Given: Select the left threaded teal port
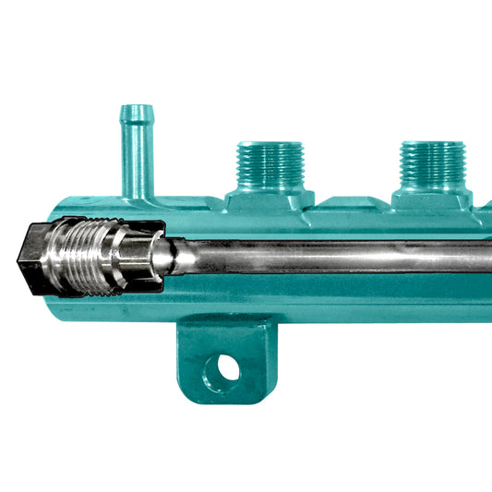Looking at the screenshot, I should click(270, 166).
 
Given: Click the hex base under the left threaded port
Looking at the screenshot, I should click(270, 199).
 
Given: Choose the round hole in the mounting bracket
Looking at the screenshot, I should click(227, 368).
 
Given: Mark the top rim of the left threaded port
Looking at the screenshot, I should click(270, 145).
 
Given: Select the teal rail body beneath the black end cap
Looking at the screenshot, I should click(55, 305).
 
